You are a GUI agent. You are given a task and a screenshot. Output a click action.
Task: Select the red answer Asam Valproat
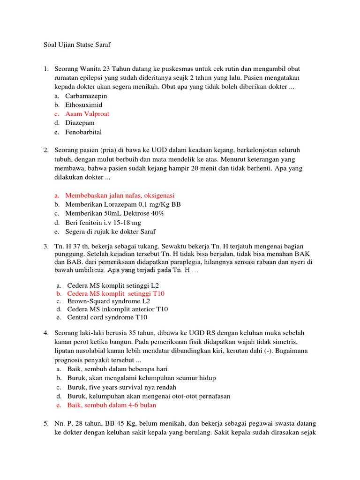pos(87,114)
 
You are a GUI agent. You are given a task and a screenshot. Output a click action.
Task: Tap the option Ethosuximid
pos(83,105)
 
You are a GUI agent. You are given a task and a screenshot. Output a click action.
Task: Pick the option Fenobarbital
pos(83,132)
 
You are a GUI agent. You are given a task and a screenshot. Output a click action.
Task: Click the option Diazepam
pos(80,123)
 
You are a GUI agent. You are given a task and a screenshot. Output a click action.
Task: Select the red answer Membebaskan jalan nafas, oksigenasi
pos(122,195)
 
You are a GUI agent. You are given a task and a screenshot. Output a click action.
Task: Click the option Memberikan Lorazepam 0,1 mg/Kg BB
pos(123,204)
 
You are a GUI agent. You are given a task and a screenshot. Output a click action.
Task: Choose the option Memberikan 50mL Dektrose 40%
pos(115,213)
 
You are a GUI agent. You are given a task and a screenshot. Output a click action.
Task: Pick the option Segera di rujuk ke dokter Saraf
pos(110,231)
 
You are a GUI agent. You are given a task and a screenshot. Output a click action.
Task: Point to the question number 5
pos(46,423)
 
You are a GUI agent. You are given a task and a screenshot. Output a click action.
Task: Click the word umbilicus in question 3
pos(88,270)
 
